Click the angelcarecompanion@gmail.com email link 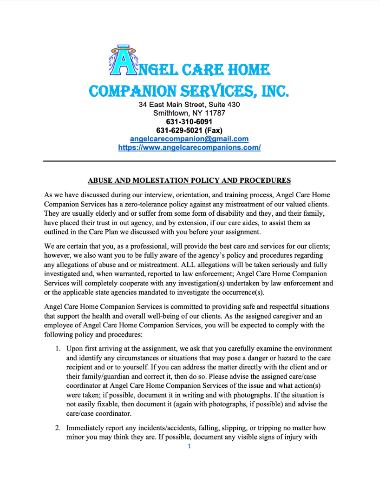(x=189, y=139)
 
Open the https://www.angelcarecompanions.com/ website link (x=189, y=147)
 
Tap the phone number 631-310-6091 (x=189, y=122)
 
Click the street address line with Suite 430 (x=189, y=105)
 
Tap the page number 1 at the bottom (x=189, y=446)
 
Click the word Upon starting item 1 (x=75, y=349)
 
